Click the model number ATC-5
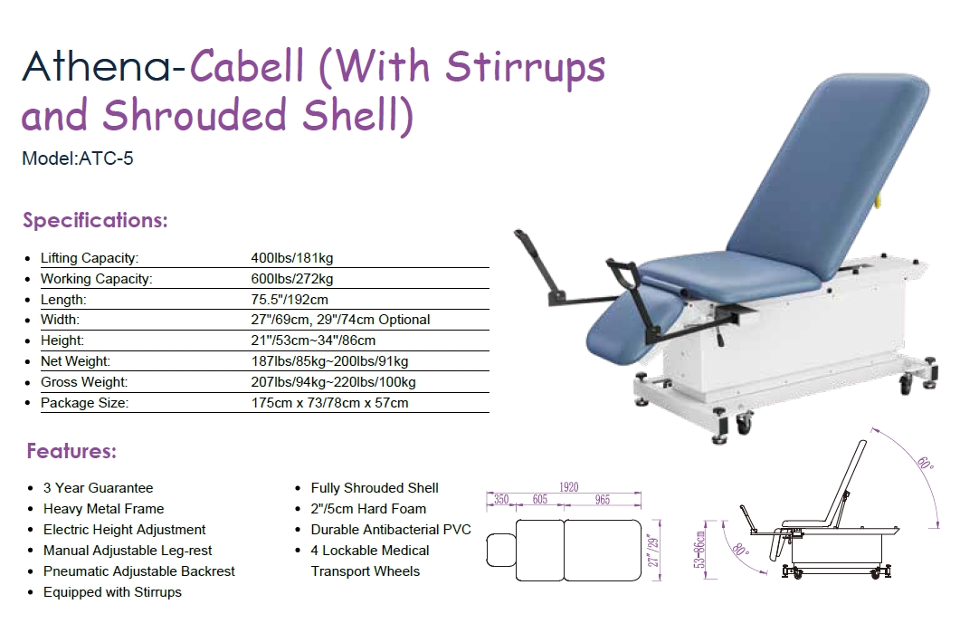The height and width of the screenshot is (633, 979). (x=106, y=158)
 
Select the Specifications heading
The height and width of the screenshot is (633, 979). (x=96, y=220)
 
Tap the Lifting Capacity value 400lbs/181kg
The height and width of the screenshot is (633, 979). (x=292, y=258)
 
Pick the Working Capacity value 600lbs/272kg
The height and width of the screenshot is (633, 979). (x=292, y=279)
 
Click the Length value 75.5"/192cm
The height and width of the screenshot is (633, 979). (x=290, y=300)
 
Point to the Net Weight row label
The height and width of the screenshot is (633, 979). (x=75, y=361)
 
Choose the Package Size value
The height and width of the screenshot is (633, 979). (x=329, y=403)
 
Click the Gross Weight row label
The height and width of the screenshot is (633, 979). (x=84, y=382)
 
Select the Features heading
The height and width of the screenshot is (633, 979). (x=71, y=451)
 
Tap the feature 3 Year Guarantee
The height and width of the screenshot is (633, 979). (x=98, y=488)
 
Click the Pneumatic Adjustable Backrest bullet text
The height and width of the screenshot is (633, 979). (x=139, y=571)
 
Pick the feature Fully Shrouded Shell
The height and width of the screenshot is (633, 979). (x=375, y=488)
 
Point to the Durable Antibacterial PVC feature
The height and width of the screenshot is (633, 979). (x=391, y=530)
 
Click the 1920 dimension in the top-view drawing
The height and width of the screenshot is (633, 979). (x=568, y=487)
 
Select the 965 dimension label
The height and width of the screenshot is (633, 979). (x=603, y=500)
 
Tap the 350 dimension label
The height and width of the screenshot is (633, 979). (x=501, y=500)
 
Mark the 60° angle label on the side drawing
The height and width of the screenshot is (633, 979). (x=926, y=464)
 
